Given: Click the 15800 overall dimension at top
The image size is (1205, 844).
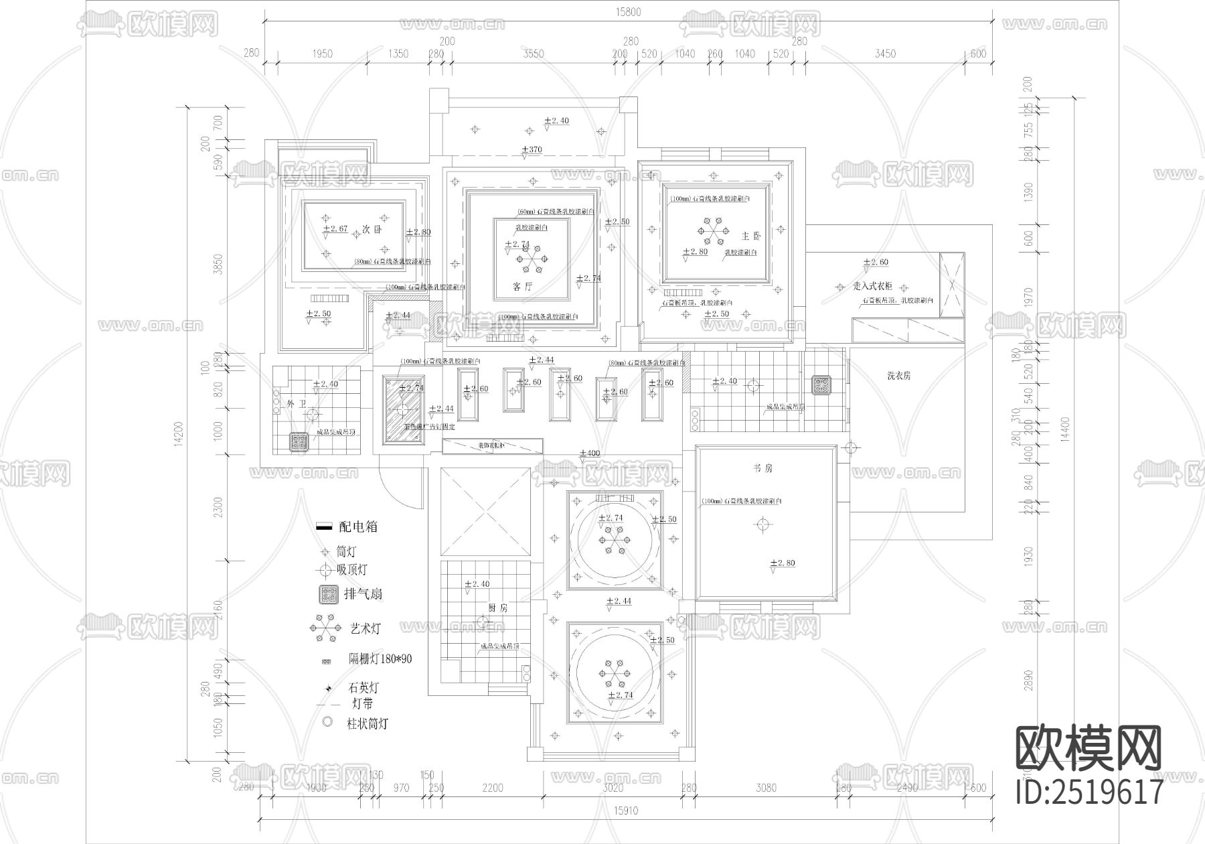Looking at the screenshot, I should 627,11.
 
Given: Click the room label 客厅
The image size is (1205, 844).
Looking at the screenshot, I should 522,287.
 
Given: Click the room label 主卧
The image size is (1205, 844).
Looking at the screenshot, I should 751,236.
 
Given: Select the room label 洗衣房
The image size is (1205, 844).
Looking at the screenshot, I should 898,376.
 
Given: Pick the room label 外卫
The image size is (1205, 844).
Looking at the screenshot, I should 296,405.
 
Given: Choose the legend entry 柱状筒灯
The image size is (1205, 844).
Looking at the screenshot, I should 367,723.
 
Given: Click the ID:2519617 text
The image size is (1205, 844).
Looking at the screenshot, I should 1090,792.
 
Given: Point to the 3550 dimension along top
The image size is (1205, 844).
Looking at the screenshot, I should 534,54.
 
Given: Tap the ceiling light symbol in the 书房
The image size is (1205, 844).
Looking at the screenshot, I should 762,524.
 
